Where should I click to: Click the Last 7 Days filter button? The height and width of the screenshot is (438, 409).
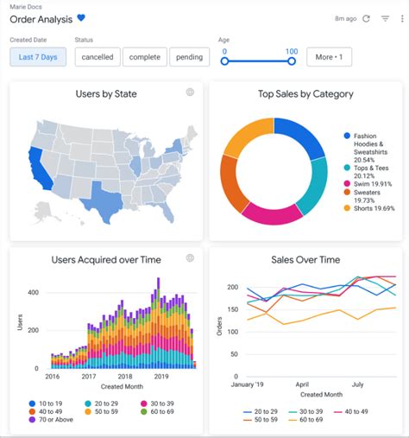(x=38, y=57)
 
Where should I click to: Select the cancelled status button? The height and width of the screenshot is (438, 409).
(x=97, y=57)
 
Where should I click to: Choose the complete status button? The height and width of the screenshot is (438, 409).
(x=144, y=57)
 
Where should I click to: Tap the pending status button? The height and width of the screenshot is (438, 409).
(x=190, y=57)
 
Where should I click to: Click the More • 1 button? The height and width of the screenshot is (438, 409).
(x=329, y=57)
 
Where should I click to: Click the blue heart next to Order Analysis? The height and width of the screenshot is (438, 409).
(x=82, y=18)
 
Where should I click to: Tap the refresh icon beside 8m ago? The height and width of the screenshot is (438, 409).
(x=366, y=18)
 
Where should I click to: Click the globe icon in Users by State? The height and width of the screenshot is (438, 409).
(x=190, y=92)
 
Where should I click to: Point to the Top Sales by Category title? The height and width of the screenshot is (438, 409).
(x=305, y=93)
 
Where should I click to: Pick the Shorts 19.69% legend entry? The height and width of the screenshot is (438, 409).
(x=373, y=208)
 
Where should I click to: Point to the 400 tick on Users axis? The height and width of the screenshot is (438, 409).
(x=34, y=293)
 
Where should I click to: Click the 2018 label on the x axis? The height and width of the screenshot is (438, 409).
(x=125, y=377)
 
